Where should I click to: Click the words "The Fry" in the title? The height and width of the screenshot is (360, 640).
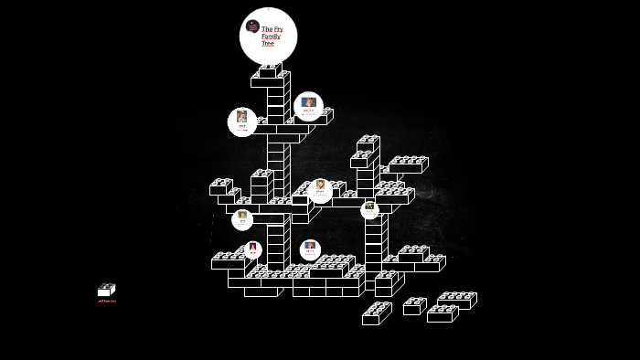pyautogui.click(x=272, y=29)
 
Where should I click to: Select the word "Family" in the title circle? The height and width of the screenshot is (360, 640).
pyautogui.click(x=271, y=37)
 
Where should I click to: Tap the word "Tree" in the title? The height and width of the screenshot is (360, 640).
pyautogui.click(x=267, y=43)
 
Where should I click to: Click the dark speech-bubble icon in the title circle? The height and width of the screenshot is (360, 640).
pyautogui.click(x=252, y=26)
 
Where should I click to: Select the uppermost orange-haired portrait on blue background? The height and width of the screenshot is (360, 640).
pyautogui.click(x=309, y=103)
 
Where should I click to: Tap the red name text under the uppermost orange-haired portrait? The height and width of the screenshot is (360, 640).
pyautogui.click(x=309, y=114)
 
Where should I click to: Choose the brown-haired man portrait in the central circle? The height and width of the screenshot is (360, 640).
pyautogui.click(x=320, y=186)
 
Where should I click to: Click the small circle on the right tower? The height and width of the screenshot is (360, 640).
pyautogui.click(x=369, y=209)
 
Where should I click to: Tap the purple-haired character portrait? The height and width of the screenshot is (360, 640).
pyautogui.click(x=253, y=247)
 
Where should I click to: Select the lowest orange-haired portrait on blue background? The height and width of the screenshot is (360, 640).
pyautogui.click(x=310, y=247)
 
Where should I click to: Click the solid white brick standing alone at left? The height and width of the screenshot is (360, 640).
pyautogui.click(x=105, y=291)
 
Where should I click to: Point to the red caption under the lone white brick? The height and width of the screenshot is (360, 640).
pyautogui.click(x=107, y=301)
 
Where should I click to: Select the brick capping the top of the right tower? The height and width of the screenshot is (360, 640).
pyautogui.click(x=368, y=144)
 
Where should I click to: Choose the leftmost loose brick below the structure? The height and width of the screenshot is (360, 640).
pyautogui.click(x=375, y=314)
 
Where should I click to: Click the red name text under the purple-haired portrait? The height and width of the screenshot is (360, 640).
pyautogui.click(x=253, y=255)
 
